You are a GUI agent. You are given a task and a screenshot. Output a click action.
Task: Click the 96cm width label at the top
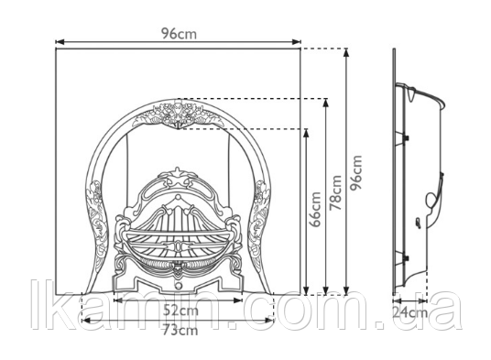(179, 33)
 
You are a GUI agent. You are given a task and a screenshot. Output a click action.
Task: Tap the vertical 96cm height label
(356, 172)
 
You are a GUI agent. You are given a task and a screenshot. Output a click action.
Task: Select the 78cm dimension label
(335, 192)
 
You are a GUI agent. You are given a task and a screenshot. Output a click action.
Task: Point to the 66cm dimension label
(315, 209)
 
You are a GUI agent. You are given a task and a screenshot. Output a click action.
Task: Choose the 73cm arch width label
(180, 331)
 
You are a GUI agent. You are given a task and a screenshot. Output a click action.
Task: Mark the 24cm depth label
(409, 311)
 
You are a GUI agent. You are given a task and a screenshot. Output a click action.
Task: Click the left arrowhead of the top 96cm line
(60, 41)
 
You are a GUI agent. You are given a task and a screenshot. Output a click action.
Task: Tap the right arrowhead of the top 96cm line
(296, 41)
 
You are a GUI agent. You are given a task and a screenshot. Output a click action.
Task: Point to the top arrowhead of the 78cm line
(326, 104)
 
